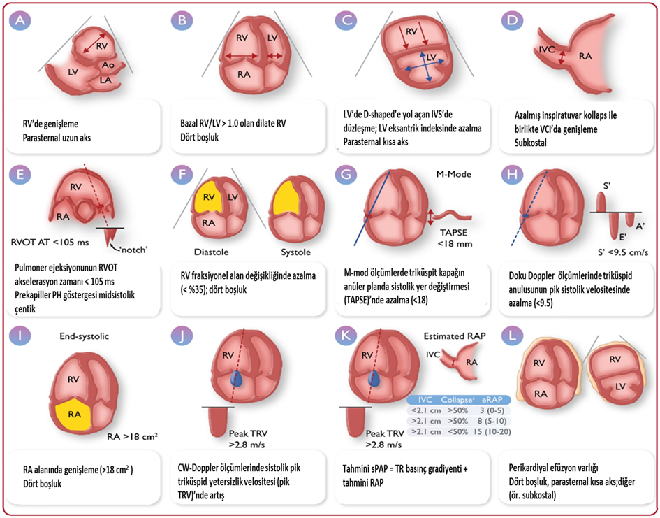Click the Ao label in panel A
pyautogui.click(x=108, y=63)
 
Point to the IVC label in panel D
pyautogui.click(x=546, y=50)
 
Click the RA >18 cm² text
pyautogui.click(x=132, y=438)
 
